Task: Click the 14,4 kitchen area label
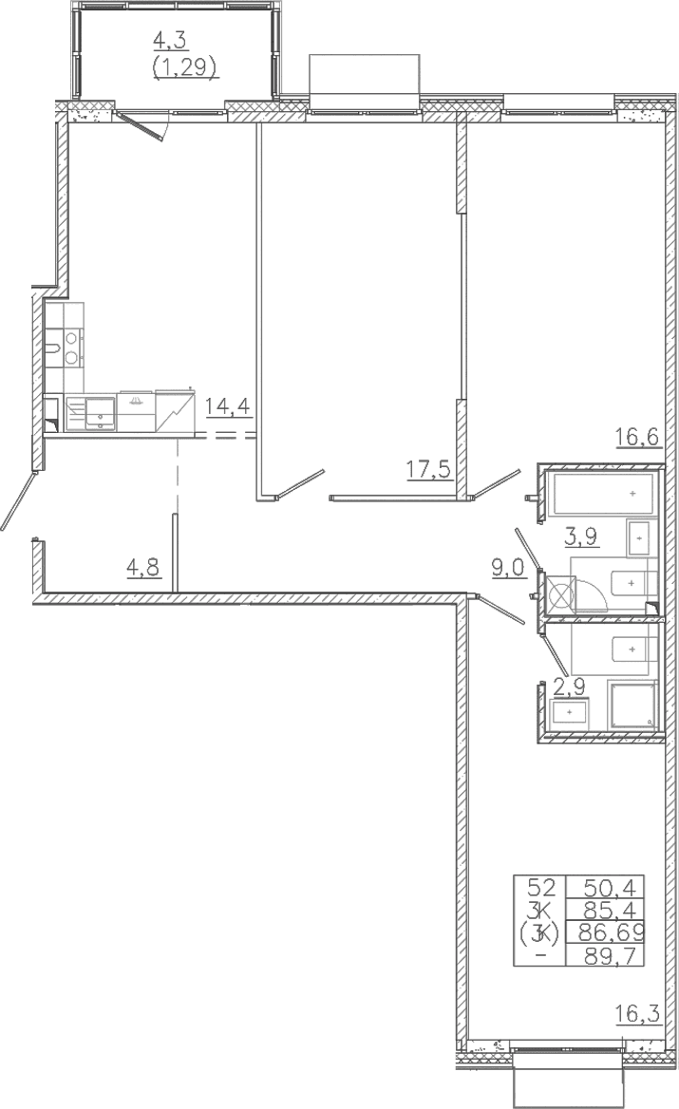(x=229, y=407)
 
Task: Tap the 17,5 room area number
(x=429, y=468)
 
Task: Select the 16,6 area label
(x=637, y=437)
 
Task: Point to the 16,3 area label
(x=637, y=1015)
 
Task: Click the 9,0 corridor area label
(x=510, y=567)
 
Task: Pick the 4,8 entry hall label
(x=143, y=567)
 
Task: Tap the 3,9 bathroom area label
(x=580, y=536)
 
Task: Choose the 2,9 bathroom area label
(x=570, y=686)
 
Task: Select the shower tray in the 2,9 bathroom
(x=633, y=705)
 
